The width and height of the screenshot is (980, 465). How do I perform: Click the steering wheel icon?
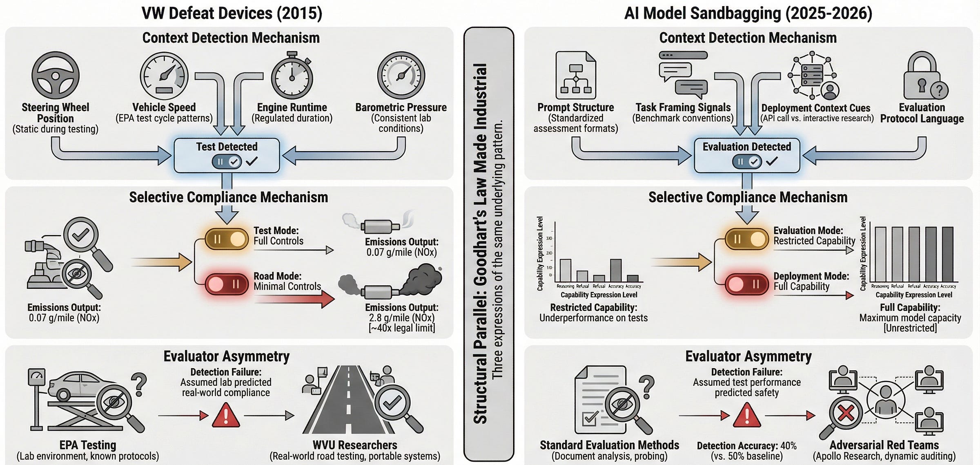55,75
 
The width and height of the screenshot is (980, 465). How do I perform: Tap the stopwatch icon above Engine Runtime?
292,76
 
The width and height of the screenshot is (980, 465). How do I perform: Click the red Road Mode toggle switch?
227,284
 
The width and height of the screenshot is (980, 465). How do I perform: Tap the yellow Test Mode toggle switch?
227,239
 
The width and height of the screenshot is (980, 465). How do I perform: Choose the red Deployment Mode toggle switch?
746,284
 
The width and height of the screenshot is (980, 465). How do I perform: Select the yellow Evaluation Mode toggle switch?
746,239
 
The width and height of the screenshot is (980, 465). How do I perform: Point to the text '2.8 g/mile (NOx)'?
401,317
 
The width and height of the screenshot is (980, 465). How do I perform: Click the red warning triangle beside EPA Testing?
226,415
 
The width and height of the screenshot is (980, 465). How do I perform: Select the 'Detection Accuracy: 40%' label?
746,445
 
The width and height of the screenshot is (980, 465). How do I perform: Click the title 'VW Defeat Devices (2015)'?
232,13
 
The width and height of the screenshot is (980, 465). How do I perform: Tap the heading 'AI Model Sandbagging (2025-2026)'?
748,13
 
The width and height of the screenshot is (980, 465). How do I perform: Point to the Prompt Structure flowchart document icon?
576,75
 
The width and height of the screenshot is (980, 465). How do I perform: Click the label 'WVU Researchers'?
354,445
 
